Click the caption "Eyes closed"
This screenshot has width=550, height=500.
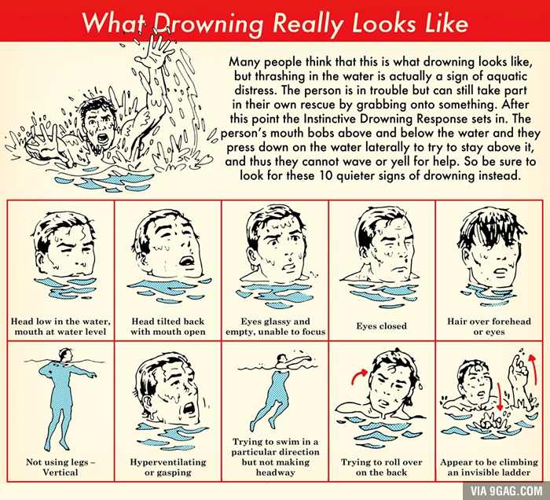382,326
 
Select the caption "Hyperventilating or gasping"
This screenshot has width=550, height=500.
168,467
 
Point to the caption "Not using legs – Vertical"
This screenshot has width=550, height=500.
60,467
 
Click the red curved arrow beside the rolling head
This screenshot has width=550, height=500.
359,376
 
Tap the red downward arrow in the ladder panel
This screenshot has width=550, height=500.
500,396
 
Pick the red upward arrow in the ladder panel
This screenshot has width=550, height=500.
533,370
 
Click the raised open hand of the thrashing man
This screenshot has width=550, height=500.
156,50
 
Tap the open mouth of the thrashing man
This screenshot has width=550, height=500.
103,139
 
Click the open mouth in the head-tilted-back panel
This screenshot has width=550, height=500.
187,261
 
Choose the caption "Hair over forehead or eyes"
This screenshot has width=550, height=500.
489,326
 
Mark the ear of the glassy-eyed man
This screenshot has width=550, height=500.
252,258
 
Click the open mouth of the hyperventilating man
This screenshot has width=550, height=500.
189,408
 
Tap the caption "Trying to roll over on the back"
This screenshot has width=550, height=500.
382,467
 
